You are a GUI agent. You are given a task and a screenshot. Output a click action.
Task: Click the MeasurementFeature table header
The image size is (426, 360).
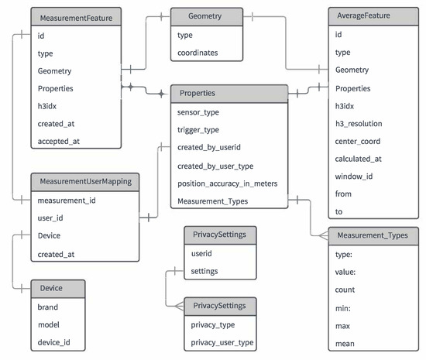coord(75,16)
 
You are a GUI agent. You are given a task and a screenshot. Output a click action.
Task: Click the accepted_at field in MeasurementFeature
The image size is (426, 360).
coord(59,141)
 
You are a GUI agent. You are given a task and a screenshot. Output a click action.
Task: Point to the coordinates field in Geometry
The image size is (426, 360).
coord(198,53)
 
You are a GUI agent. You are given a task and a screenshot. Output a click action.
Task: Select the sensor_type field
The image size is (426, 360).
coord(199,111)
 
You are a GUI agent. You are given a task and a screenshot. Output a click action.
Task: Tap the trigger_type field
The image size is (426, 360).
coord(199,129)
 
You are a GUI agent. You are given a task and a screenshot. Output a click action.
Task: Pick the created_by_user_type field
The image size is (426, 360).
coord(215,165)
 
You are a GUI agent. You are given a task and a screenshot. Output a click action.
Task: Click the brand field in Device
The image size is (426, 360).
coord(49,307)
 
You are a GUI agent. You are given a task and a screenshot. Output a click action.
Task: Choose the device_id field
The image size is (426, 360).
coord(54,342)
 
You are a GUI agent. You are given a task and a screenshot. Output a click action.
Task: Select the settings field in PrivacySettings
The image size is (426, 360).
coord(204,271)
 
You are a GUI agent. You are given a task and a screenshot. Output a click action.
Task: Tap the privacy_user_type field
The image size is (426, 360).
coord(222,342)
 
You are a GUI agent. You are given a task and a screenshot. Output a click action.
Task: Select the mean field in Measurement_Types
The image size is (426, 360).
coord(345,342)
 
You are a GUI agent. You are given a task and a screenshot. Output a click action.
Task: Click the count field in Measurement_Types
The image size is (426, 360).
coord(345,290)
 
